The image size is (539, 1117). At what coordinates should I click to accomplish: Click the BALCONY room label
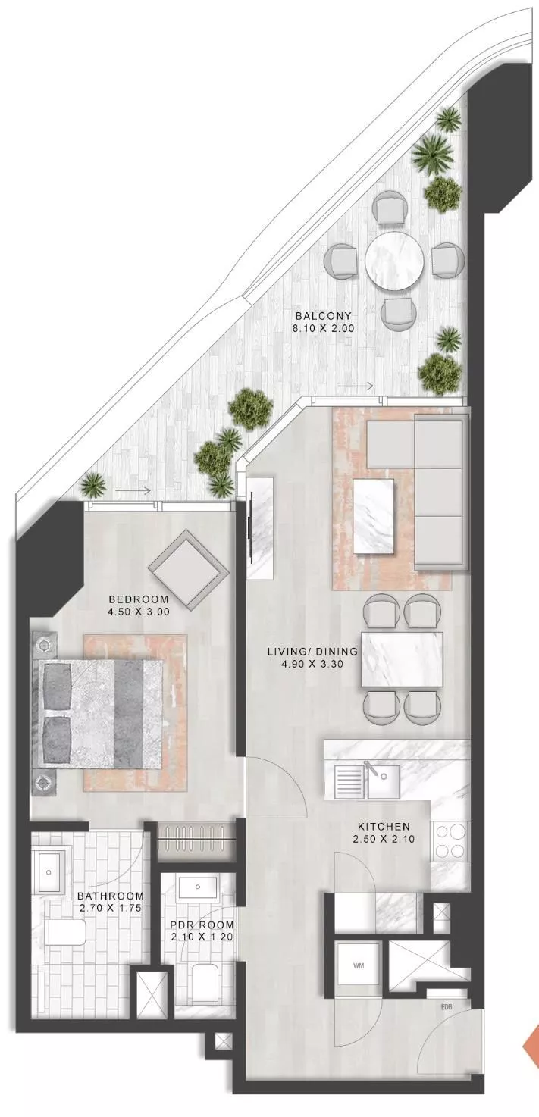[324, 316]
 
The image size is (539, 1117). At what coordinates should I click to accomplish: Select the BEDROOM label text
[139, 599]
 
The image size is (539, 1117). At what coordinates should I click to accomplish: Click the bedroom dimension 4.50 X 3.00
[139, 612]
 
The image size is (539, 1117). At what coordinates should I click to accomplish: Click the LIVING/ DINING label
[312, 651]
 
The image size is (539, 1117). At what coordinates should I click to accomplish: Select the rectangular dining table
[402, 659]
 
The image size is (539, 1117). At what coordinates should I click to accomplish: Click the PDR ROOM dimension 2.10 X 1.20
[202, 923]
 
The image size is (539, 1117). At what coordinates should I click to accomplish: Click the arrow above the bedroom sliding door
[133, 491]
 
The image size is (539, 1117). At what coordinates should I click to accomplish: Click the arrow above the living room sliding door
[356, 386]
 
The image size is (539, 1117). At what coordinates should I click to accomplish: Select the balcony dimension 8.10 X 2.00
[324, 329]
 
